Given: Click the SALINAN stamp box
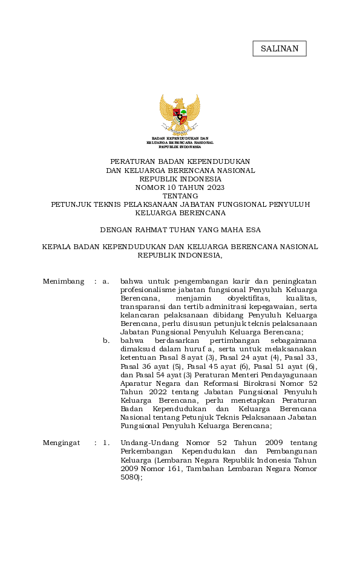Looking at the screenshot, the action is coord(280,48).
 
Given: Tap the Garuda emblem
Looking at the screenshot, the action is coord(180,113).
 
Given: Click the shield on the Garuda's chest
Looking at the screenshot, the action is coord(180,115).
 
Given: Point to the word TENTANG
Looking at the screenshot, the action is coord(180,195).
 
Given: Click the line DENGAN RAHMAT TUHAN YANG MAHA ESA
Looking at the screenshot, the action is coord(180,230).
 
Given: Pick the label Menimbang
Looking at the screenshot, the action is coord(64,281).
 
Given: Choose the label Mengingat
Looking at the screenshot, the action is coord(62,442).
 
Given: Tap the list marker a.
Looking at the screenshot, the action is coord(106,281).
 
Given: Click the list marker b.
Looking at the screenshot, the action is coord(106,340).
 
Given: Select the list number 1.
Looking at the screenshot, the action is coord(106,442).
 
